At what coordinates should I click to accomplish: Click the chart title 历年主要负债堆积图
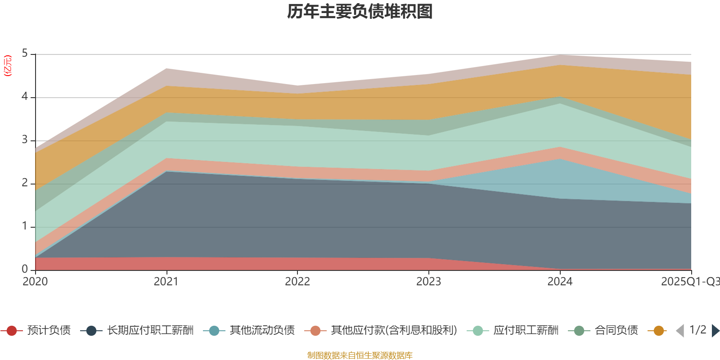pos(360,12)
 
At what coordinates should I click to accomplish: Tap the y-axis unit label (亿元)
pos(8,66)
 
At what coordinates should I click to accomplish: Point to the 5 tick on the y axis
pos(25,54)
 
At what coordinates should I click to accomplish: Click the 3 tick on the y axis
pos(25,140)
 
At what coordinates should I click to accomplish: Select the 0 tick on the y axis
pos(25,269)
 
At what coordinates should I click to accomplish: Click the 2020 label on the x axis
pos(35,282)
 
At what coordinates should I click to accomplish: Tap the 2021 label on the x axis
pos(166,282)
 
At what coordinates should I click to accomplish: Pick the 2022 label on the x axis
pos(297,282)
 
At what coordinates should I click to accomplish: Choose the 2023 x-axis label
pos(428,282)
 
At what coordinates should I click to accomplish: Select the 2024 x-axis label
pos(560,282)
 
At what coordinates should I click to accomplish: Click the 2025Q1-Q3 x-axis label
pos(689,282)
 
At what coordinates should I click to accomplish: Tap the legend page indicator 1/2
pos(697,330)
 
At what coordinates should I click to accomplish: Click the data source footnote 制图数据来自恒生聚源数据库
pos(360,355)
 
